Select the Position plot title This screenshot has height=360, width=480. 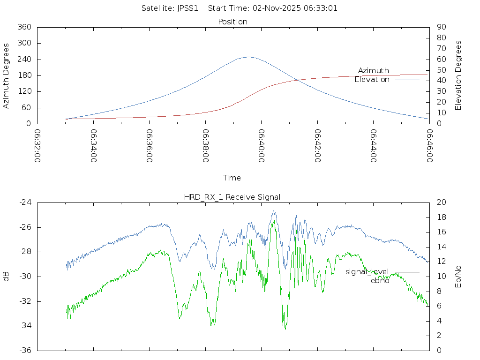(x=233, y=22)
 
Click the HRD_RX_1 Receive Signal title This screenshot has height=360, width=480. (x=232, y=197)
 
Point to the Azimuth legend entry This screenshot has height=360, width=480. (x=374, y=71)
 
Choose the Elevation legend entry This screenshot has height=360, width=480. (x=372, y=80)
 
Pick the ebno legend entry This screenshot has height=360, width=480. (x=380, y=280)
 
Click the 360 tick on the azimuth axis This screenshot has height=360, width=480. (x=24, y=27)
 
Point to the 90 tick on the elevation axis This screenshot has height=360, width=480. (x=441, y=27)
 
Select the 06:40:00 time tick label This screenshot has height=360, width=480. (x=261, y=146)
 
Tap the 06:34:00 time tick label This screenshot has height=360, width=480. (x=93, y=146)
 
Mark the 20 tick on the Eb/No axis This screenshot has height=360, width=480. (x=441, y=202)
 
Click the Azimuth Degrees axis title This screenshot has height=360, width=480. (x=7, y=75)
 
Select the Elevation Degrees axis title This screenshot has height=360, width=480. (x=458, y=75)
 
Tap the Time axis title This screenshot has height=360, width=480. (x=232, y=178)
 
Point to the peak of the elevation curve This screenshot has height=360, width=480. (x=248, y=57)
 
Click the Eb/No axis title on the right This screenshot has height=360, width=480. (x=458, y=277)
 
